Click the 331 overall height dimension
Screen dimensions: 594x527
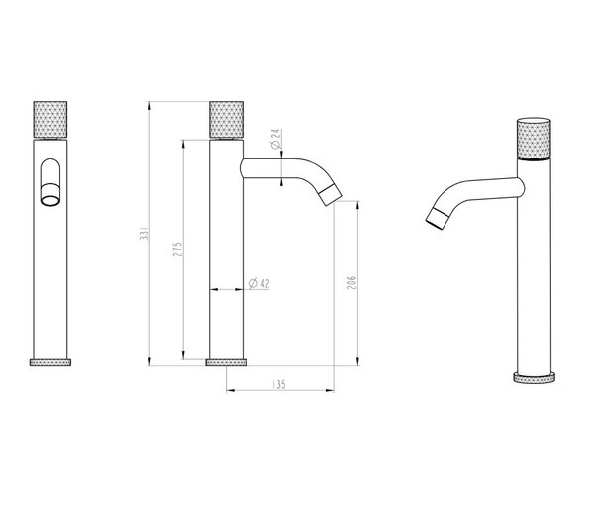point(145,233)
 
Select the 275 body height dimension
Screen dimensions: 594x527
point(177,249)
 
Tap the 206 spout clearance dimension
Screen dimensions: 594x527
point(351,283)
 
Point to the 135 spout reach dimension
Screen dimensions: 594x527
point(279,384)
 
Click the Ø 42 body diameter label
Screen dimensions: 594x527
point(259,283)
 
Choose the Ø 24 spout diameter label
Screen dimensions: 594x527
point(276,139)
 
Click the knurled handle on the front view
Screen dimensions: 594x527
point(50,120)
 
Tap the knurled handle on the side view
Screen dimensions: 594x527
point(226,120)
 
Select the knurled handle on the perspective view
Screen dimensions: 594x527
point(534,139)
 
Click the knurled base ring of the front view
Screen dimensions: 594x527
point(50,362)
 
